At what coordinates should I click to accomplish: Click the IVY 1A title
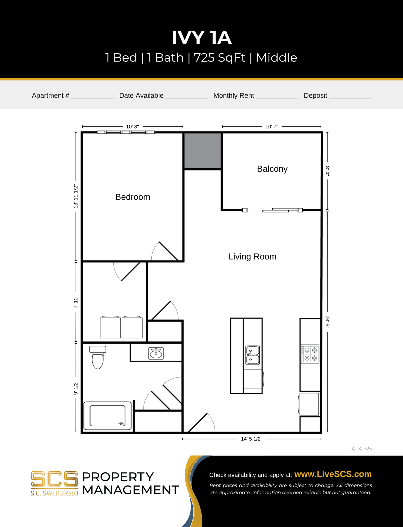[201, 38]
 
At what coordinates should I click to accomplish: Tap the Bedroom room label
[133, 197]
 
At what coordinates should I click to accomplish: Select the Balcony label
[272, 169]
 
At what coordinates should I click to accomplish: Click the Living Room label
[252, 257]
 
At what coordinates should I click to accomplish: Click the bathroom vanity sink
[156, 353]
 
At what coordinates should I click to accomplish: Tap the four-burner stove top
[310, 354]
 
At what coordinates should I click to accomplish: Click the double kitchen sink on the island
[253, 355]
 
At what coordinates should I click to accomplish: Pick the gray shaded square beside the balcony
[202, 151]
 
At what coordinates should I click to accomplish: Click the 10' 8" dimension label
[132, 127]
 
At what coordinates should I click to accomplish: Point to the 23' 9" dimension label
[327, 322]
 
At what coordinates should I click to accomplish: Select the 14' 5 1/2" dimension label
[251, 439]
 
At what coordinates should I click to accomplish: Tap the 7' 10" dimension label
[76, 302]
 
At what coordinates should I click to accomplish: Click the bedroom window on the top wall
[126, 132]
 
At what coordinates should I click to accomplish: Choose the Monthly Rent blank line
[277, 97]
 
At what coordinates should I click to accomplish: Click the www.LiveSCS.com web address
[333, 474]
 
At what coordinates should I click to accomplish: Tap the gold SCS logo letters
[54, 479]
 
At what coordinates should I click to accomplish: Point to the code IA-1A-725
[361, 449]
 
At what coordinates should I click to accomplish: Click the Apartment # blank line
[92, 97]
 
